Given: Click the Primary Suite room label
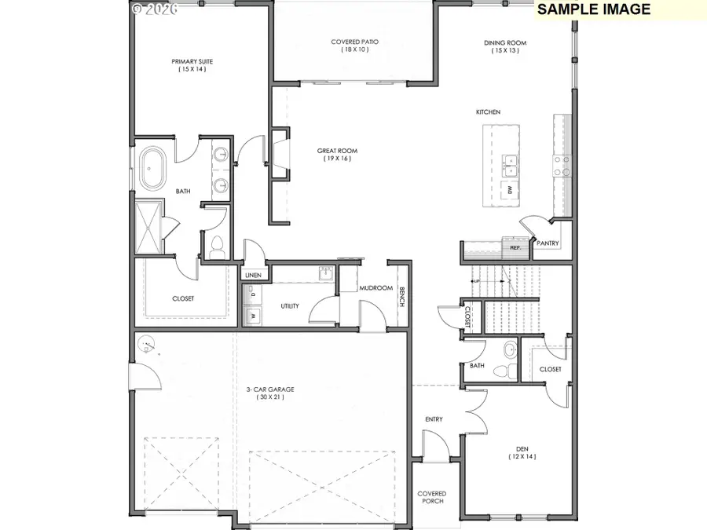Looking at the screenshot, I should (192, 60).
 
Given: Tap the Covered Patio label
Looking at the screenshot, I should (355, 42).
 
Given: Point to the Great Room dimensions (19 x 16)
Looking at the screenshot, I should (333, 159).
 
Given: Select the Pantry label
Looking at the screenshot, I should (548, 243).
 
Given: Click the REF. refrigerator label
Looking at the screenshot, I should (515, 247).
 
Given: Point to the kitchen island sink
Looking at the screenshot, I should (510, 163).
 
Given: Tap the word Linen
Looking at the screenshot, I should (252, 275).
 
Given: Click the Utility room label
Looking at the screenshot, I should (290, 305).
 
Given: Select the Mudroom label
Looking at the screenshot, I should (375, 288).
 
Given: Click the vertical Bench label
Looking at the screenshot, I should (401, 298).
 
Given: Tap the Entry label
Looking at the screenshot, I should (434, 419).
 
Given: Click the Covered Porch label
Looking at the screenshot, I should (431, 498).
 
